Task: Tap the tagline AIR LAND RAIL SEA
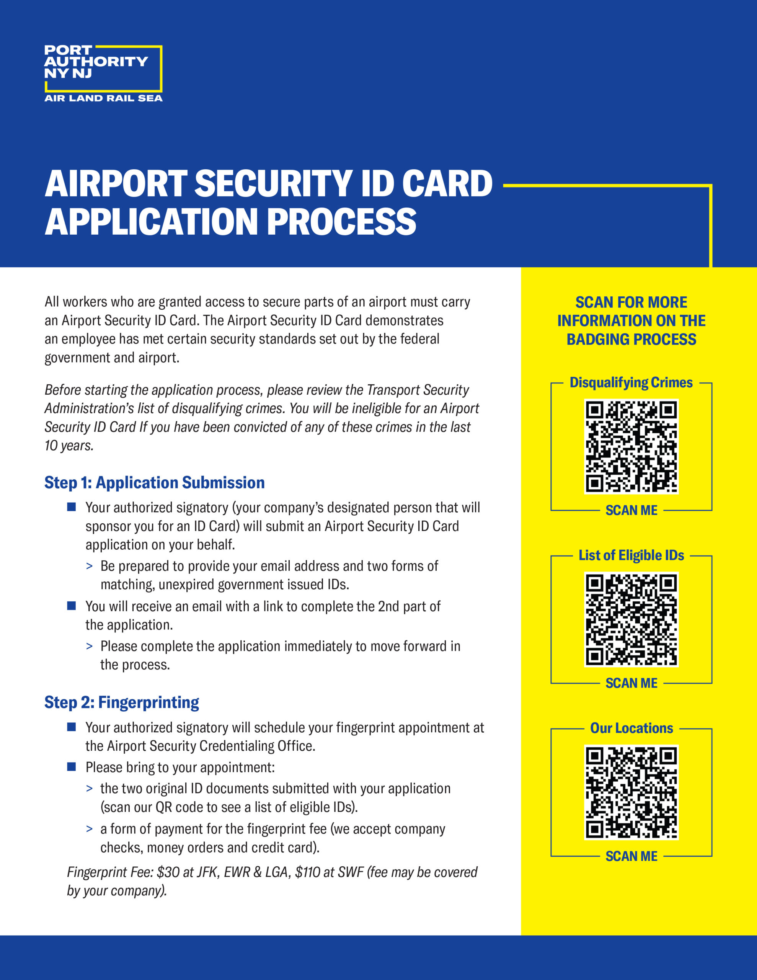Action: (x=103, y=98)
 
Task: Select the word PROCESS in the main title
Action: (x=342, y=222)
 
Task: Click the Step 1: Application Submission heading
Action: (x=154, y=483)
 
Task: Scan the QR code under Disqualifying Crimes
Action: (x=631, y=446)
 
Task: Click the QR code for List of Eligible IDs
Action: (x=631, y=619)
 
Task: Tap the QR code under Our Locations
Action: (x=631, y=792)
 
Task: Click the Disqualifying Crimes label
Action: (x=631, y=383)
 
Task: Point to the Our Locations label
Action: (x=631, y=728)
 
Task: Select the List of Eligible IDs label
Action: (x=631, y=555)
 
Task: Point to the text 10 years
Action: (x=69, y=446)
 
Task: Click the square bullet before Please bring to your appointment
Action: (x=71, y=766)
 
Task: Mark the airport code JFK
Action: (x=207, y=872)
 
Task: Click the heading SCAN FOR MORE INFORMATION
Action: (x=631, y=321)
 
